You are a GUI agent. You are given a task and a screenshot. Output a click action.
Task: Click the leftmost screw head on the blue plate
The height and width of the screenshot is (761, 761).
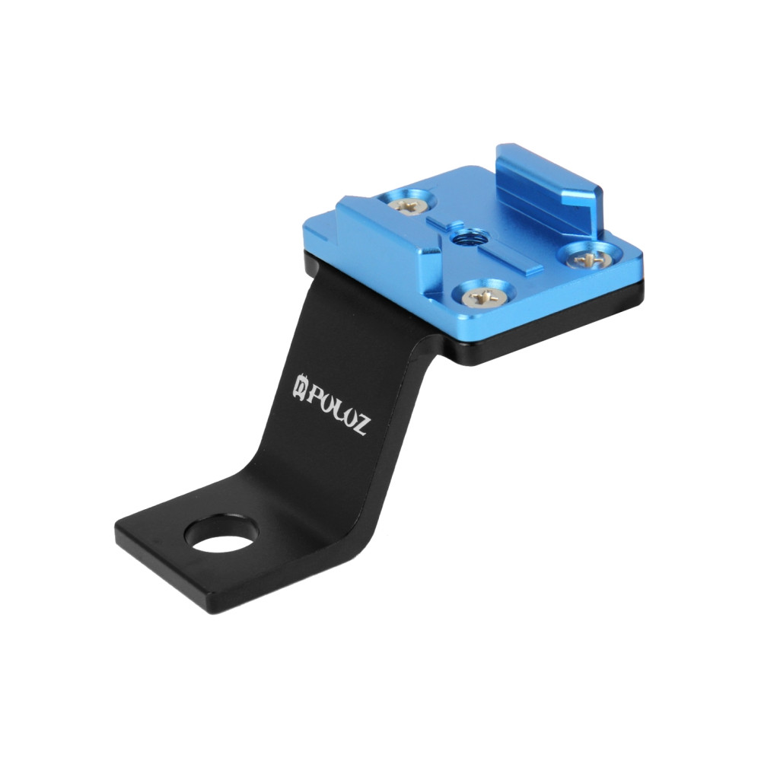point(406,205)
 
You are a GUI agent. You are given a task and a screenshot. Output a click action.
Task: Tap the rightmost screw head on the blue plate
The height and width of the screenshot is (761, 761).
point(589,260)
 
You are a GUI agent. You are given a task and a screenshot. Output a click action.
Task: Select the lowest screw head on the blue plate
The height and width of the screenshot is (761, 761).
point(482,296)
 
